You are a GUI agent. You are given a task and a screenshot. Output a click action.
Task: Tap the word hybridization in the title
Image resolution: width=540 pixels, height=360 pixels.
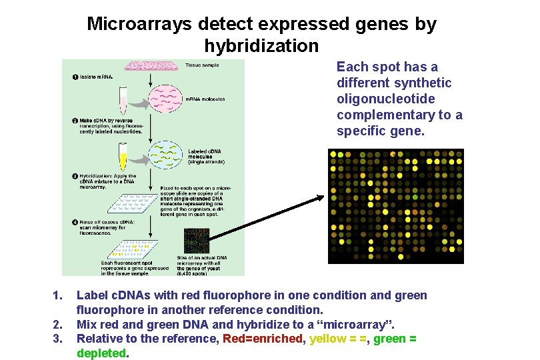(261, 46)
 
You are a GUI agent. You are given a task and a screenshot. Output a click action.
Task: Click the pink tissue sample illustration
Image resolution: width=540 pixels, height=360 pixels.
(153, 65)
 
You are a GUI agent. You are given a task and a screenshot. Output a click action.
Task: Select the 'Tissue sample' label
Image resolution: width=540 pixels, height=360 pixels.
(202, 65)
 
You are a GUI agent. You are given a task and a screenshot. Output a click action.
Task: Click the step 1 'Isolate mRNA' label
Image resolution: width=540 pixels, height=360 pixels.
(93, 77)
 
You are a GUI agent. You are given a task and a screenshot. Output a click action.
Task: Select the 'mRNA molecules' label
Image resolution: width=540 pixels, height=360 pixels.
(205, 99)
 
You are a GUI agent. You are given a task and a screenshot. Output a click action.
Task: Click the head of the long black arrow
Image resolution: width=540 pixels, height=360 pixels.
(321, 197)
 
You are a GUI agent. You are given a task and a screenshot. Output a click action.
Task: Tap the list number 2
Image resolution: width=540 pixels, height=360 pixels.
(57, 325)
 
